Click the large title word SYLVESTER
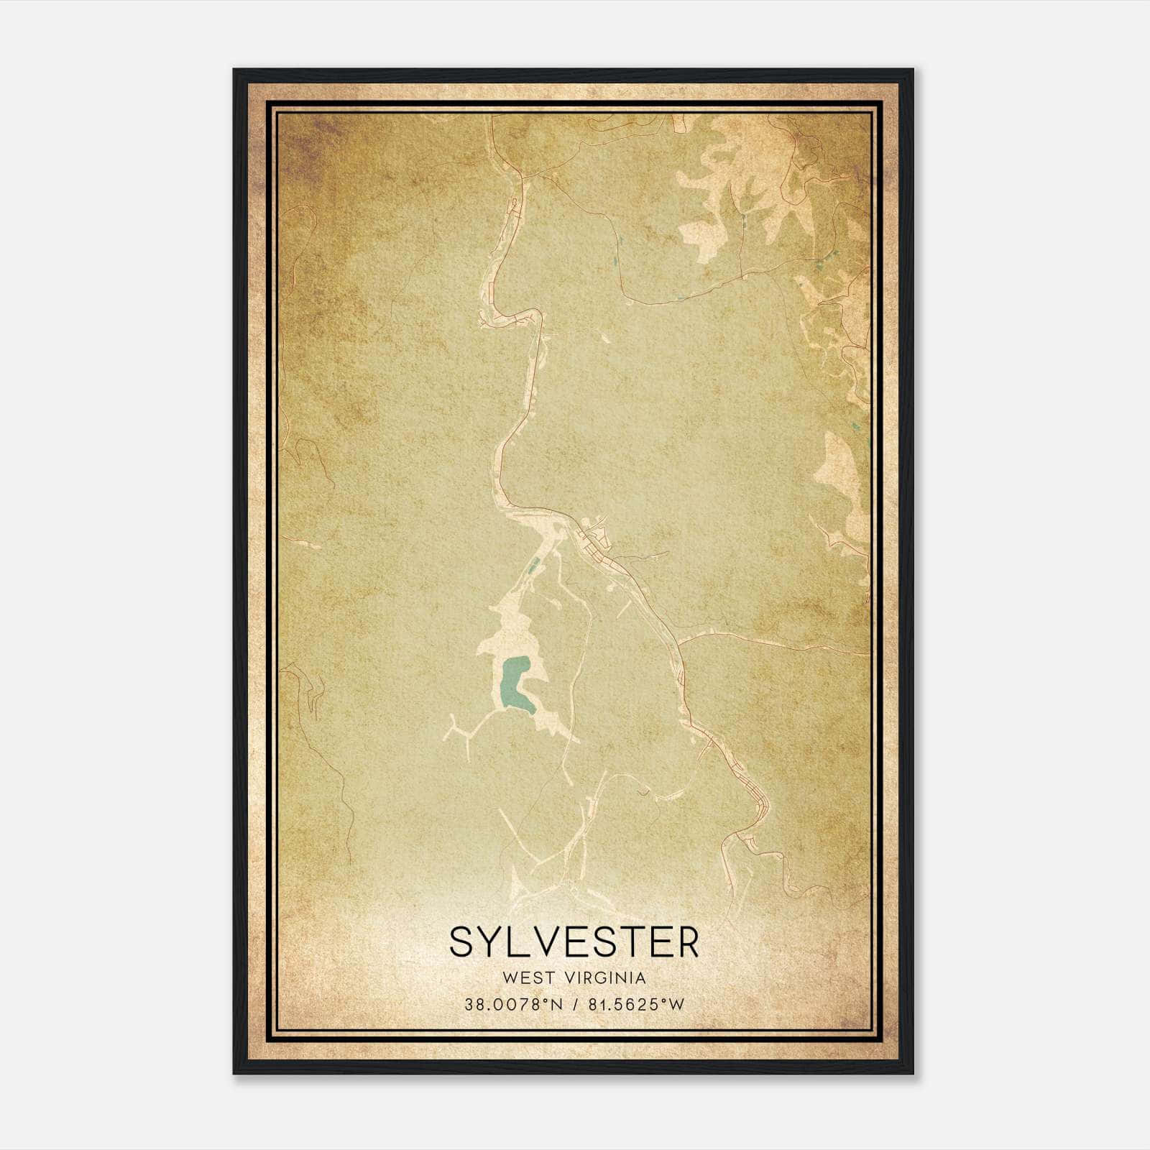(x=574, y=942)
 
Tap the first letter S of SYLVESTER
(x=461, y=942)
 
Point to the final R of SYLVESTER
(x=688, y=942)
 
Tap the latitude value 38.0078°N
(x=512, y=1005)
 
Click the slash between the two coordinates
(x=575, y=1005)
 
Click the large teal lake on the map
(x=512, y=686)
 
